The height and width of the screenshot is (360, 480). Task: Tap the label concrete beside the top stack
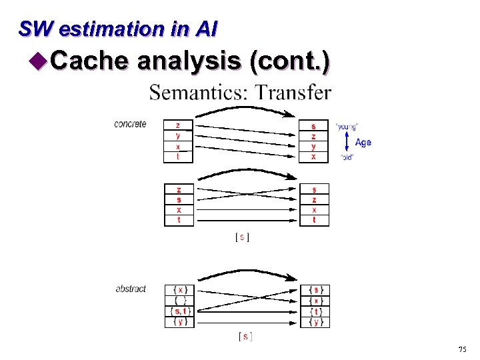point(130,124)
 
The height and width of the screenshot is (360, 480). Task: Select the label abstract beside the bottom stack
point(131,289)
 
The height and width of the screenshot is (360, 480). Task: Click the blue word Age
point(363,142)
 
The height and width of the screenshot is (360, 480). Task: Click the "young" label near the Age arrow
point(347,126)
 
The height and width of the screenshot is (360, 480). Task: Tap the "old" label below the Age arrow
point(347,157)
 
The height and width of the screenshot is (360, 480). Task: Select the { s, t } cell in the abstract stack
point(180,311)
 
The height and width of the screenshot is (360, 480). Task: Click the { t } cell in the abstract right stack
point(315,311)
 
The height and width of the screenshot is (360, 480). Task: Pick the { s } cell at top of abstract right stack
point(315,289)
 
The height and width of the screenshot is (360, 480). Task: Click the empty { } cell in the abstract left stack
point(180,300)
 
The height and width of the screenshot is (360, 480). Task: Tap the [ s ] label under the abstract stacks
point(245,337)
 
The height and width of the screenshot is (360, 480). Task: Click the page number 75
point(462,350)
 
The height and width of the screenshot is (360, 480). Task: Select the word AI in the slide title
point(206,29)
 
